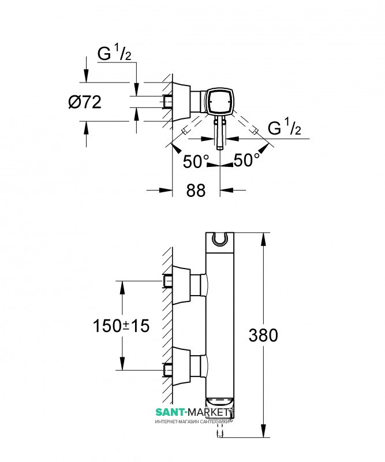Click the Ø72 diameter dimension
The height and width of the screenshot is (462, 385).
coord(85,102)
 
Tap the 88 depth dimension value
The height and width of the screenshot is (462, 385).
coord(196,190)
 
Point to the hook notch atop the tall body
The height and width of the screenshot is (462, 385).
coord(220,238)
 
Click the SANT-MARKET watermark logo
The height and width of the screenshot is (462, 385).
coord(193,413)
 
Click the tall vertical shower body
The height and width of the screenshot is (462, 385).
coord(220,323)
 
